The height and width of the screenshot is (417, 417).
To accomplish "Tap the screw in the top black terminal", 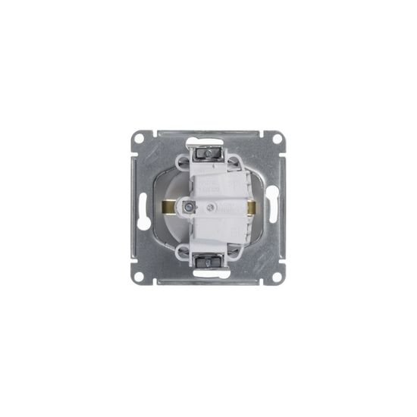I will pyautogui.click(x=208, y=154).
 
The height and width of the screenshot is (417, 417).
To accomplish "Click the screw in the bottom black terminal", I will pyautogui.click(x=208, y=262).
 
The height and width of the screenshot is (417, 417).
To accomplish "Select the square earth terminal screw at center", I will pyautogui.click(x=188, y=206).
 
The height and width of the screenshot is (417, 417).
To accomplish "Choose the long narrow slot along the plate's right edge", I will pyautogui.click(x=283, y=208).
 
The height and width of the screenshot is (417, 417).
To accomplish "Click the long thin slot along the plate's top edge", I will pyautogui.click(x=208, y=132).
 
